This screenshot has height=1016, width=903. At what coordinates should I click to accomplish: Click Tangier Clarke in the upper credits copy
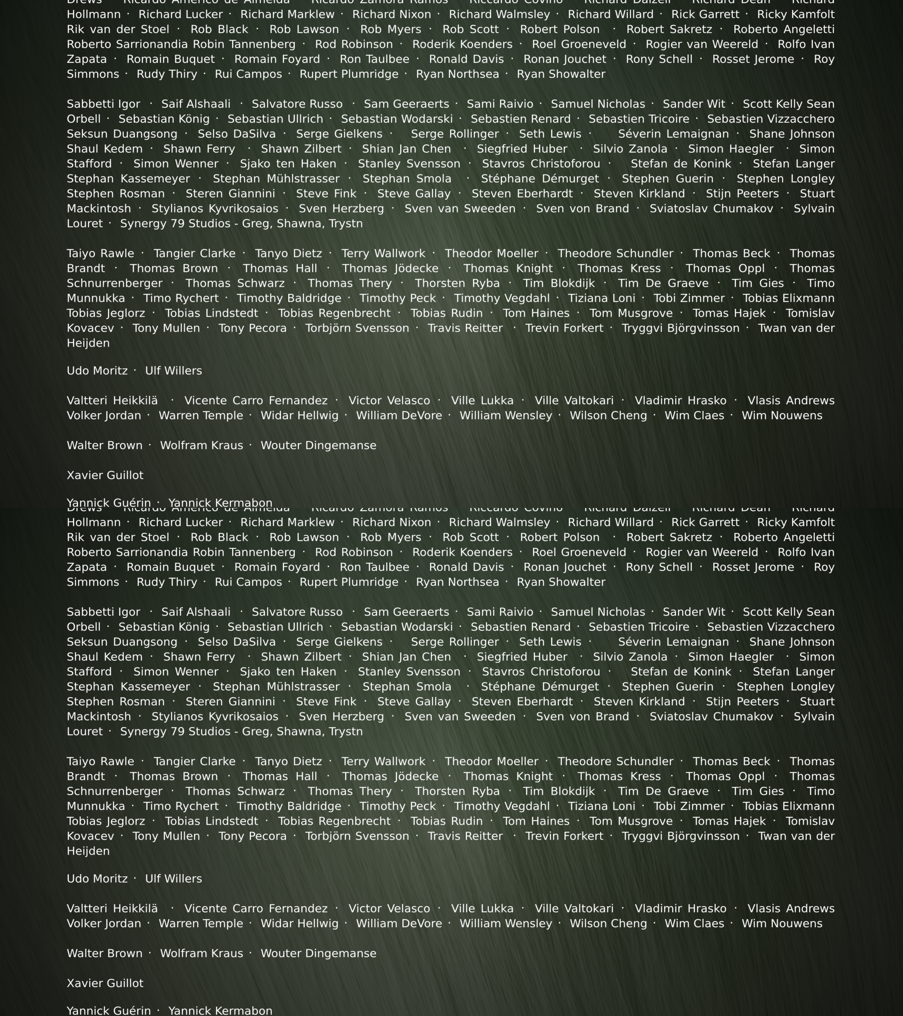pyautogui.click(x=194, y=254)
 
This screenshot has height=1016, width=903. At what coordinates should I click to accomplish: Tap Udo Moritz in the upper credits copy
pyautogui.click(x=97, y=371)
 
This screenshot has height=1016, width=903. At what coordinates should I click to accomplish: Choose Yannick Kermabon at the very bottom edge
pyautogui.click(x=220, y=1011)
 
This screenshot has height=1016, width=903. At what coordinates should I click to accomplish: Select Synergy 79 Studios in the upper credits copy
pyautogui.click(x=242, y=224)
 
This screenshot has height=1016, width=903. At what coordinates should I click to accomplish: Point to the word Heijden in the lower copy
pyautogui.click(x=88, y=851)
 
